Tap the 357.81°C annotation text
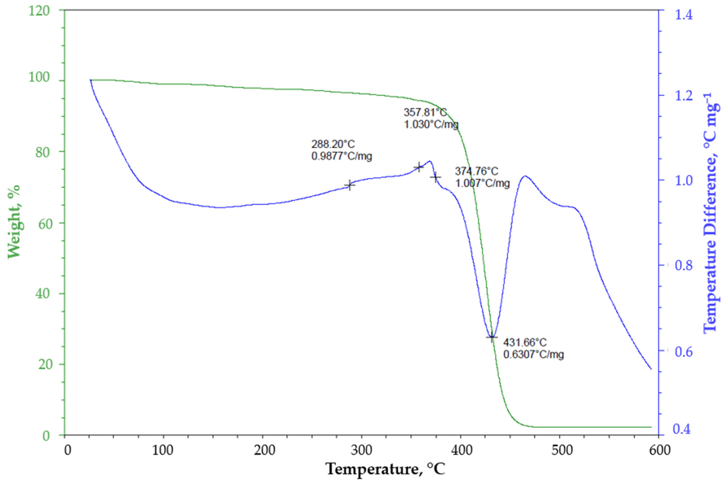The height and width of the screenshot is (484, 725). tap(425, 112)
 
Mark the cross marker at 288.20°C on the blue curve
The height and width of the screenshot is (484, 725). tap(350, 185)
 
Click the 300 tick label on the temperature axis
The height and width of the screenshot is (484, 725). tap(361, 450)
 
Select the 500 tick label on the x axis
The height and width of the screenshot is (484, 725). tap(560, 450)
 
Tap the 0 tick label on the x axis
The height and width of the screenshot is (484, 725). tap(68, 450)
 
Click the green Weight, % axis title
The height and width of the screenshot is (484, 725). tap(14, 221)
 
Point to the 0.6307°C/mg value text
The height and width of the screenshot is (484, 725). tap(533, 354)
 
